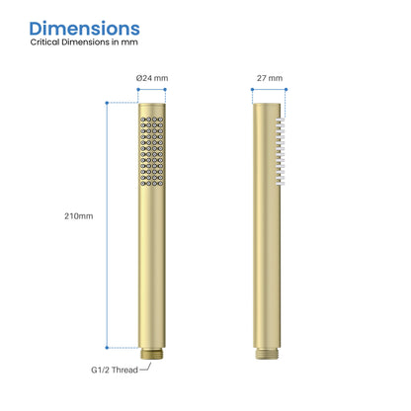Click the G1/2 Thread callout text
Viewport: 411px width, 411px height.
coord(110,370)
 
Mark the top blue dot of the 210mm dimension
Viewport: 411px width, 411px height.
coord(107,102)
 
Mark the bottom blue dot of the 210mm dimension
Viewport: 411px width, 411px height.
coord(107,347)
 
